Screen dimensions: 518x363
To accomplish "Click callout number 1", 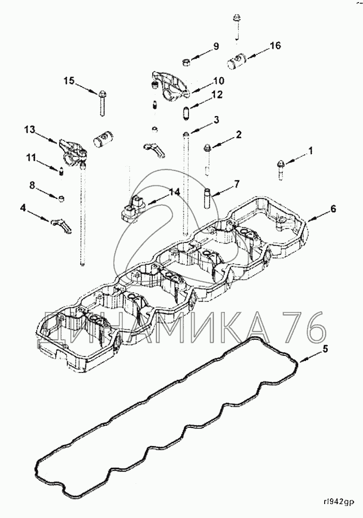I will [x=311, y=151].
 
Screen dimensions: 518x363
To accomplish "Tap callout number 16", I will [x=274, y=46].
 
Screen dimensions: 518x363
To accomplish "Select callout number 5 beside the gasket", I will [x=325, y=349].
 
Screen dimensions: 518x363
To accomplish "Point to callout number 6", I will [x=333, y=209].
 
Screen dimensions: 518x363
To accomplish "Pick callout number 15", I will [x=69, y=81].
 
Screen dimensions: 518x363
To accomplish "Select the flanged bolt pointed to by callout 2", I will [x=208, y=149].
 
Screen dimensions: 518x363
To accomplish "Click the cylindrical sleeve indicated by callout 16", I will [x=237, y=63].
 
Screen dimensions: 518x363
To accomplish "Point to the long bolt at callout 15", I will [x=101, y=104].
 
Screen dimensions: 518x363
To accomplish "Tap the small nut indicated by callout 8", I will [x=62, y=198].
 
